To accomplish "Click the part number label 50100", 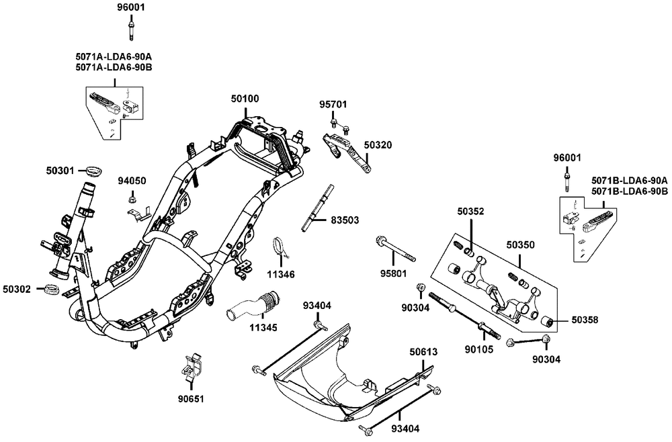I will (245, 99).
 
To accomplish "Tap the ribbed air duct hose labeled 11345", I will (255, 304).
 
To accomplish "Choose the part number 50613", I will (423, 351).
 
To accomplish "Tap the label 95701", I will (333, 105).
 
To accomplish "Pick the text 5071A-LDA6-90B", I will (114, 67).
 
